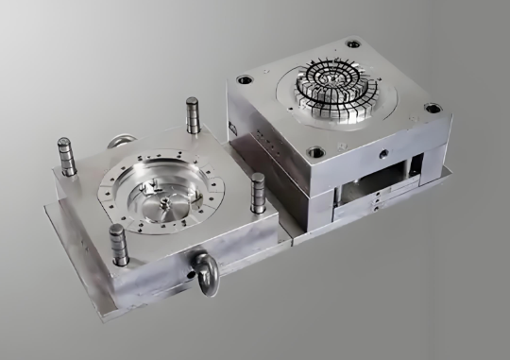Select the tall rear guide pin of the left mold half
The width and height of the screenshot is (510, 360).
click(193, 114)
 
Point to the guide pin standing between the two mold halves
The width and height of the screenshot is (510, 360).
click(257, 193)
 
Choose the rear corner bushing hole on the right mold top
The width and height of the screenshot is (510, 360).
click(352, 43)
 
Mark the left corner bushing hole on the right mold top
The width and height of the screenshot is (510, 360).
click(244, 78)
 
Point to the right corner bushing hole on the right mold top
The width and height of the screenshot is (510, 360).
click(435, 108)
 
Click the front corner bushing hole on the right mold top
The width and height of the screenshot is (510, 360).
click(317, 151)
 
